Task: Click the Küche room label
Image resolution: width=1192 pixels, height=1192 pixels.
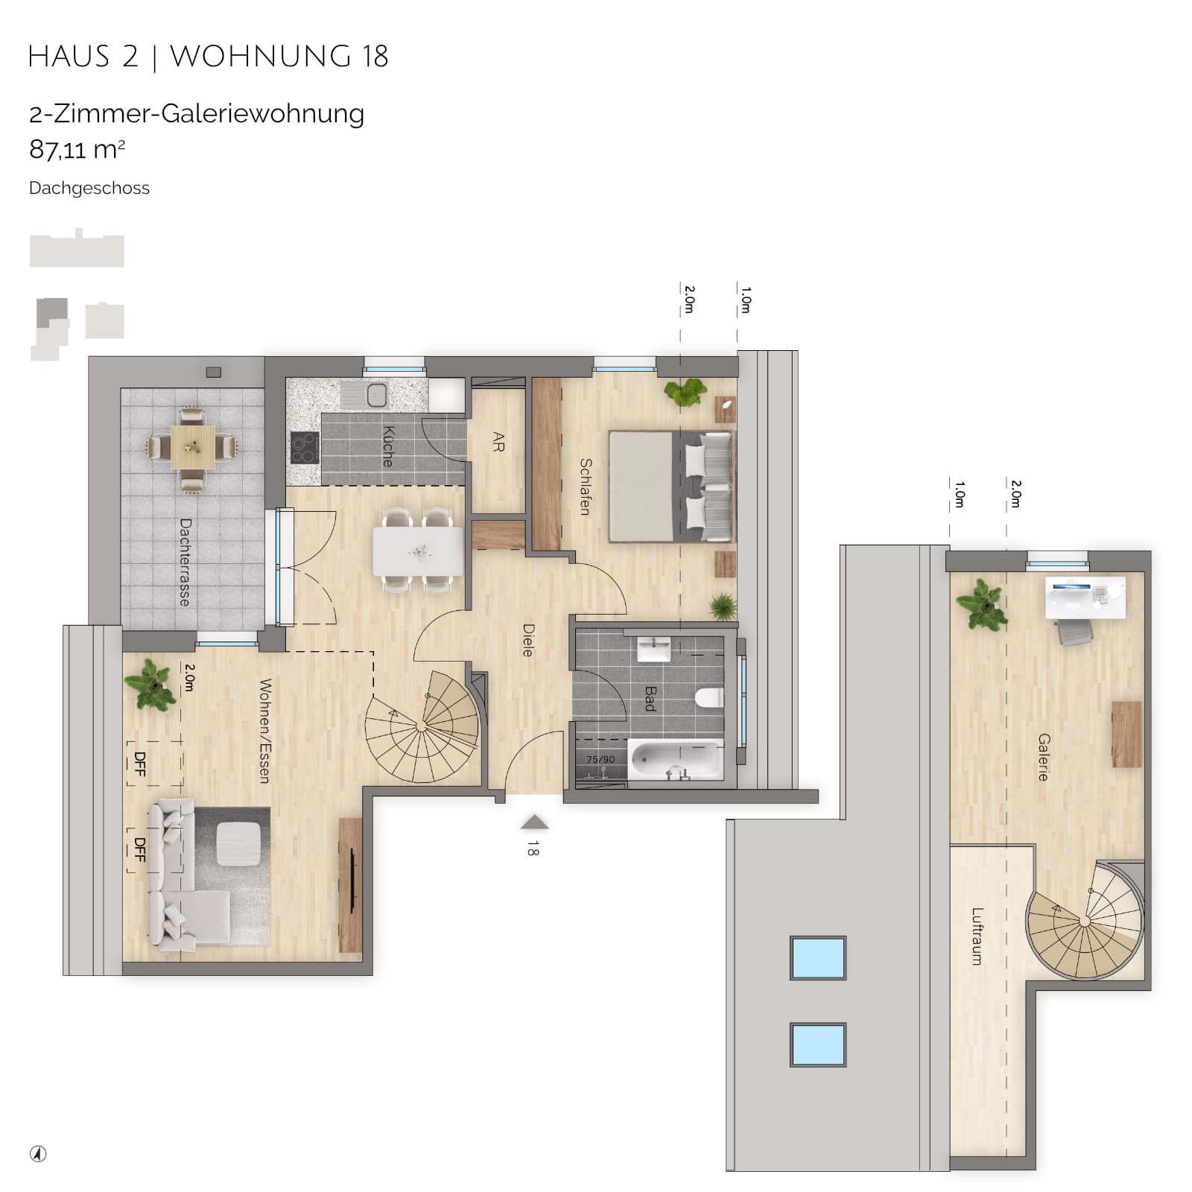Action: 387,446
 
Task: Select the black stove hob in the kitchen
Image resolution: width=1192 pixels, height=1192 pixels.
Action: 305,448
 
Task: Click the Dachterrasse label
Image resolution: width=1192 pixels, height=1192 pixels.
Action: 185,562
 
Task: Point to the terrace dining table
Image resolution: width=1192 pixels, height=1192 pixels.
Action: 193,447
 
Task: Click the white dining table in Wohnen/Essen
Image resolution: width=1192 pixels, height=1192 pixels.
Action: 418,551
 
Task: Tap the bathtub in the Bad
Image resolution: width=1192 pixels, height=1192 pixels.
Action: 676,760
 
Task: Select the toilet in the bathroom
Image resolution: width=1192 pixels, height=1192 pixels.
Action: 708,698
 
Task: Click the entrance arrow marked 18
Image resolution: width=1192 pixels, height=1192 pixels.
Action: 534,822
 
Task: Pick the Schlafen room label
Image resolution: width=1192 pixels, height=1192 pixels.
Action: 586,486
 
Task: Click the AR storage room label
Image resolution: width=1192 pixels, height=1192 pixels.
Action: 498,443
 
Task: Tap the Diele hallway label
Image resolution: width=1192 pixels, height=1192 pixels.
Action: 528,640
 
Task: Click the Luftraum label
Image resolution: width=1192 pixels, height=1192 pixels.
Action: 977,936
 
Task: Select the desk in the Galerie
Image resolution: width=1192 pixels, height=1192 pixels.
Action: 1085,597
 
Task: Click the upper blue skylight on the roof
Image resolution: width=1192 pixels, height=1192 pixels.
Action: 818,957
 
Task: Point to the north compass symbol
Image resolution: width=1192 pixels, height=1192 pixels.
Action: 38,1154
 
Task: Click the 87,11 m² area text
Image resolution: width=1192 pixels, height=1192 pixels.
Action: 77,150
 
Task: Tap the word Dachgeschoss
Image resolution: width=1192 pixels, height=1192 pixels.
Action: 89,188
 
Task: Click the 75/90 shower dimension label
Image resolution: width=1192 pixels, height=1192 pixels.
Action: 600,759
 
